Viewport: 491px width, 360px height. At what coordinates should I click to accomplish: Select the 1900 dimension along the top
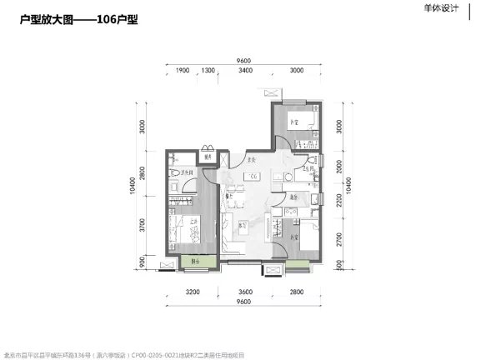pyautogui.click(x=182, y=72)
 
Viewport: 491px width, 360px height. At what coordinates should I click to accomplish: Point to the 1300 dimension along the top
pyautogui.click(x=209, y=72)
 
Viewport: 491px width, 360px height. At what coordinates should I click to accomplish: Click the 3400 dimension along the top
pyautogui.click(x=245, y=72)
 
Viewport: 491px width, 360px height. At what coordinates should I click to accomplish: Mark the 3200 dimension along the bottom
pyautogui.click(x=193, y=291)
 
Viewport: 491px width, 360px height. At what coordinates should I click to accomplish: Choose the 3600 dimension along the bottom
pyautogui.click(x=245, y=291)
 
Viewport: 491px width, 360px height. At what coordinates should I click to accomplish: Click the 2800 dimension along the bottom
pyautogui.click(x=296, y=291)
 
